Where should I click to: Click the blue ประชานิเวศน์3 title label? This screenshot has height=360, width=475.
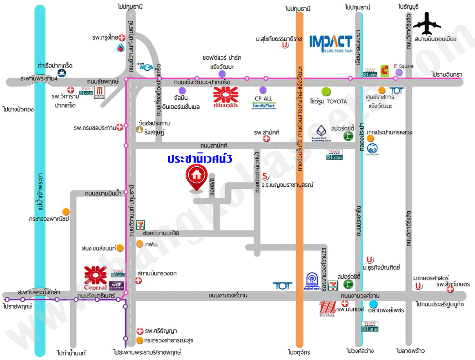point(200,159)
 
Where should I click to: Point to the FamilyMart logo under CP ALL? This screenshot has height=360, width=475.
point(263,105)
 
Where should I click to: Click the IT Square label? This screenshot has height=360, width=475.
point(404,66)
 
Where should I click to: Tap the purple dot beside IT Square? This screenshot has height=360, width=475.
point(399,72)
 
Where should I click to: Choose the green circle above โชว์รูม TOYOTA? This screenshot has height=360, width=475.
point(326,92)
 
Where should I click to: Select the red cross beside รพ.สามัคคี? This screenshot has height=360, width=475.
point(266,139)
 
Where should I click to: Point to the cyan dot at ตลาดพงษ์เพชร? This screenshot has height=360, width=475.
point(373,304)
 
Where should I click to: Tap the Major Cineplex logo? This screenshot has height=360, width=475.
point(100,92)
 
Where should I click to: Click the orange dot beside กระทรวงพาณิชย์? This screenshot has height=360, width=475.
point(66,212)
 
